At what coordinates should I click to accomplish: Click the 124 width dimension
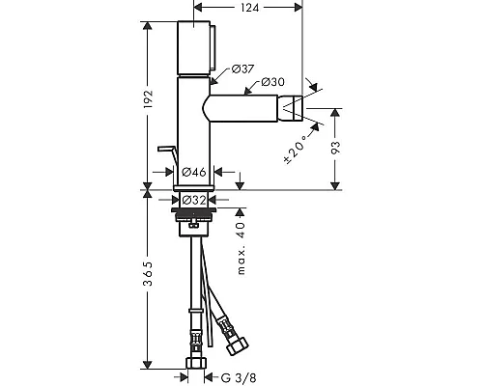(x=249, y=8)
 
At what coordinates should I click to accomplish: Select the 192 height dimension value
(x=148, y=98)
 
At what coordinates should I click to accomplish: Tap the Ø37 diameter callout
(x=242, y=69)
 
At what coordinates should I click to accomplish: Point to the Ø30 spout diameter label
(x=272, y=82)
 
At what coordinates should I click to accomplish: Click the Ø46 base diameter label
(x=194, y=172)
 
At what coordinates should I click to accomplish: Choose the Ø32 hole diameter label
(x=194, y=200)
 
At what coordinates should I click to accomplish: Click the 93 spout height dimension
(x=335, y=148)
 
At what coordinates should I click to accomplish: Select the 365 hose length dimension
(x=148, y=274)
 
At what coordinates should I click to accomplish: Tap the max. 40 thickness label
(x=241, y=248)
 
